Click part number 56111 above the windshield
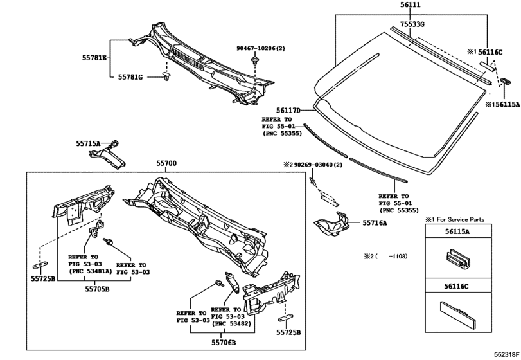410,4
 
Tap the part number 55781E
94,58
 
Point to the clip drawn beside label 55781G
166,75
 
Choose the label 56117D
288,110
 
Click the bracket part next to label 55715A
107,155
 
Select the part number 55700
166,163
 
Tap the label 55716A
375,222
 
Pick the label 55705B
97,289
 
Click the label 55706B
224,342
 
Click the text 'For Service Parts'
461,219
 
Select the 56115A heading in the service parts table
457,231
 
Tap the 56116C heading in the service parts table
457,286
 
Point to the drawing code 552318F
506,355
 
